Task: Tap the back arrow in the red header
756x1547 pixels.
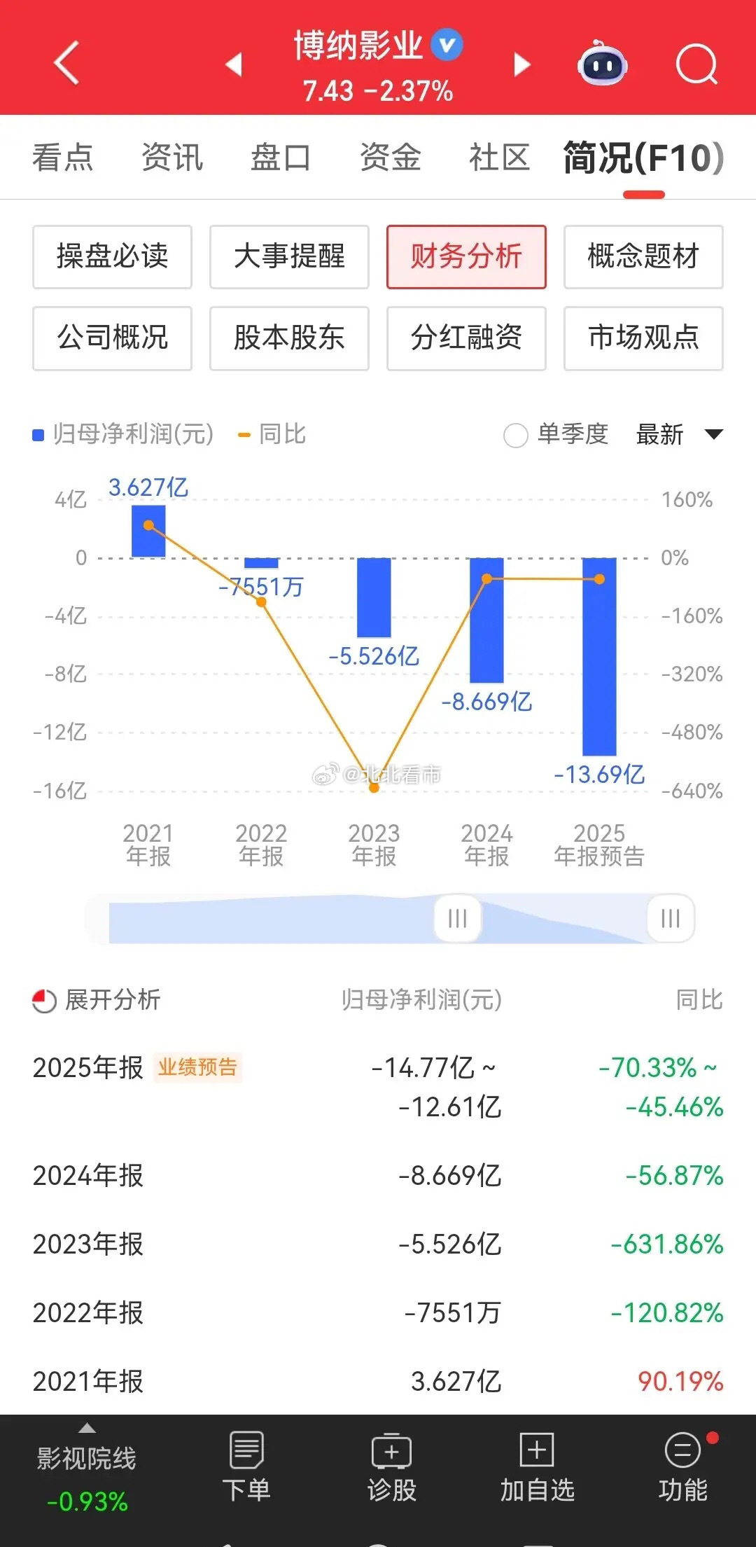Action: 66,63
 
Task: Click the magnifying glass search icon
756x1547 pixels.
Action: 696,65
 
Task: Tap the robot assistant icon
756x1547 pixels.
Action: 602,64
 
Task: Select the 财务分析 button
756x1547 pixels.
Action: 466,256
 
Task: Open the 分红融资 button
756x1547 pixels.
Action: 466,338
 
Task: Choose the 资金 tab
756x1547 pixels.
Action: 390,157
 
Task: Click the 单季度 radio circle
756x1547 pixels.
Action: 516,435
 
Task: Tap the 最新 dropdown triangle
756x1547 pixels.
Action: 713,434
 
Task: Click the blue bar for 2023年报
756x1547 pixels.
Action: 374,597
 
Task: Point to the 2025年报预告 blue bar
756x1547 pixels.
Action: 599,656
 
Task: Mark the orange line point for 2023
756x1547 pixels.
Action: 374,788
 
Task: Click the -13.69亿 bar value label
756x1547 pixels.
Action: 599,775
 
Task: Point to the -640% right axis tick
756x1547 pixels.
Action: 692,791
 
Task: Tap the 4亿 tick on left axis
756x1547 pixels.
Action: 71,500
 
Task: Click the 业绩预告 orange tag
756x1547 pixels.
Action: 197,1067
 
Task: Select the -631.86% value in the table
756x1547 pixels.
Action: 666,1244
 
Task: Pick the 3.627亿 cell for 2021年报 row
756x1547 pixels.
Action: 456,1381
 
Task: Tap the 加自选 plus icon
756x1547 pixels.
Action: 537,1449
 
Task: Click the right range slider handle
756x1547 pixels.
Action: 670,918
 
